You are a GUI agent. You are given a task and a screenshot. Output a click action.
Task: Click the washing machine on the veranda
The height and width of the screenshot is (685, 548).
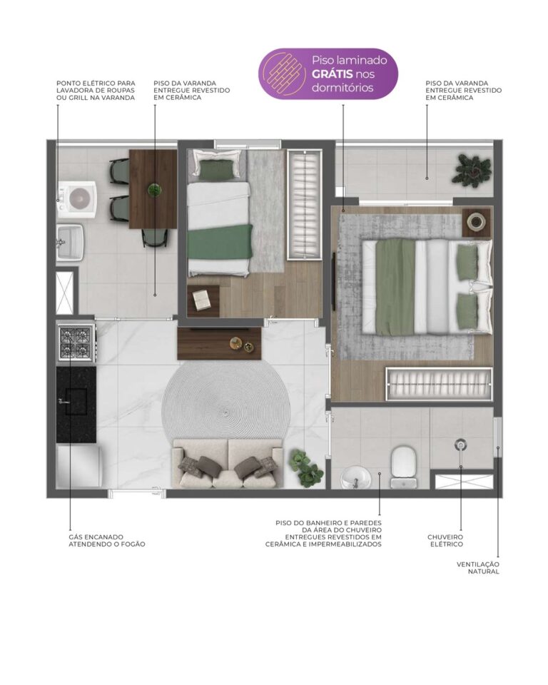(77, 199)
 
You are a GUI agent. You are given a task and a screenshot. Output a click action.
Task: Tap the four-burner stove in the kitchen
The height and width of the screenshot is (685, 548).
(76, 343)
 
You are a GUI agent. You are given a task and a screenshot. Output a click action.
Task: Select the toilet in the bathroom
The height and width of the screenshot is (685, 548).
(403, 467)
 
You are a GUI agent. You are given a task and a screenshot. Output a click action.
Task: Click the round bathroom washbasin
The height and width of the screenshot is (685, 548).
(356, 477)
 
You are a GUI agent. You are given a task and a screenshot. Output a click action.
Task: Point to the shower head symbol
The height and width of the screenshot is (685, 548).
(460, 445)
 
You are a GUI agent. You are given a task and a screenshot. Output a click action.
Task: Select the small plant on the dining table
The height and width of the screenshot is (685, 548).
(154, 190)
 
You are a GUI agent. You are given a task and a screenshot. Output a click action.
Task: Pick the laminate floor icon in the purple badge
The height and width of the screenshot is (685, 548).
(283, 73)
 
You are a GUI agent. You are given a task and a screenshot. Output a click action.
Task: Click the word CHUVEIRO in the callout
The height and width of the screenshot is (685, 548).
(445, 537)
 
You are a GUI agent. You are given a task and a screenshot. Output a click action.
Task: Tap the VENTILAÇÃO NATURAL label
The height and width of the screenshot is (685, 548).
(478, 568)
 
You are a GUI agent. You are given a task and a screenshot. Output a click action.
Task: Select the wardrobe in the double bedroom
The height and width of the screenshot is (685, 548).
(439, 384)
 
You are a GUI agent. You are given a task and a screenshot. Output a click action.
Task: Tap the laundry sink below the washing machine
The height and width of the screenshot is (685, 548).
(70, 243)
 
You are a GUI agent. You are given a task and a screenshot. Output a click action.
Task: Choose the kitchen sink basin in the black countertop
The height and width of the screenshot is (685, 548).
(76, 400)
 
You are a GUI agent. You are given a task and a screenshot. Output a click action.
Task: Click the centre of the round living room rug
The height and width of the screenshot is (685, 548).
(225, 412)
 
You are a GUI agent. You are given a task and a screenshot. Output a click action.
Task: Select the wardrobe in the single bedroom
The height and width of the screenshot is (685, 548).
(305, 205)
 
